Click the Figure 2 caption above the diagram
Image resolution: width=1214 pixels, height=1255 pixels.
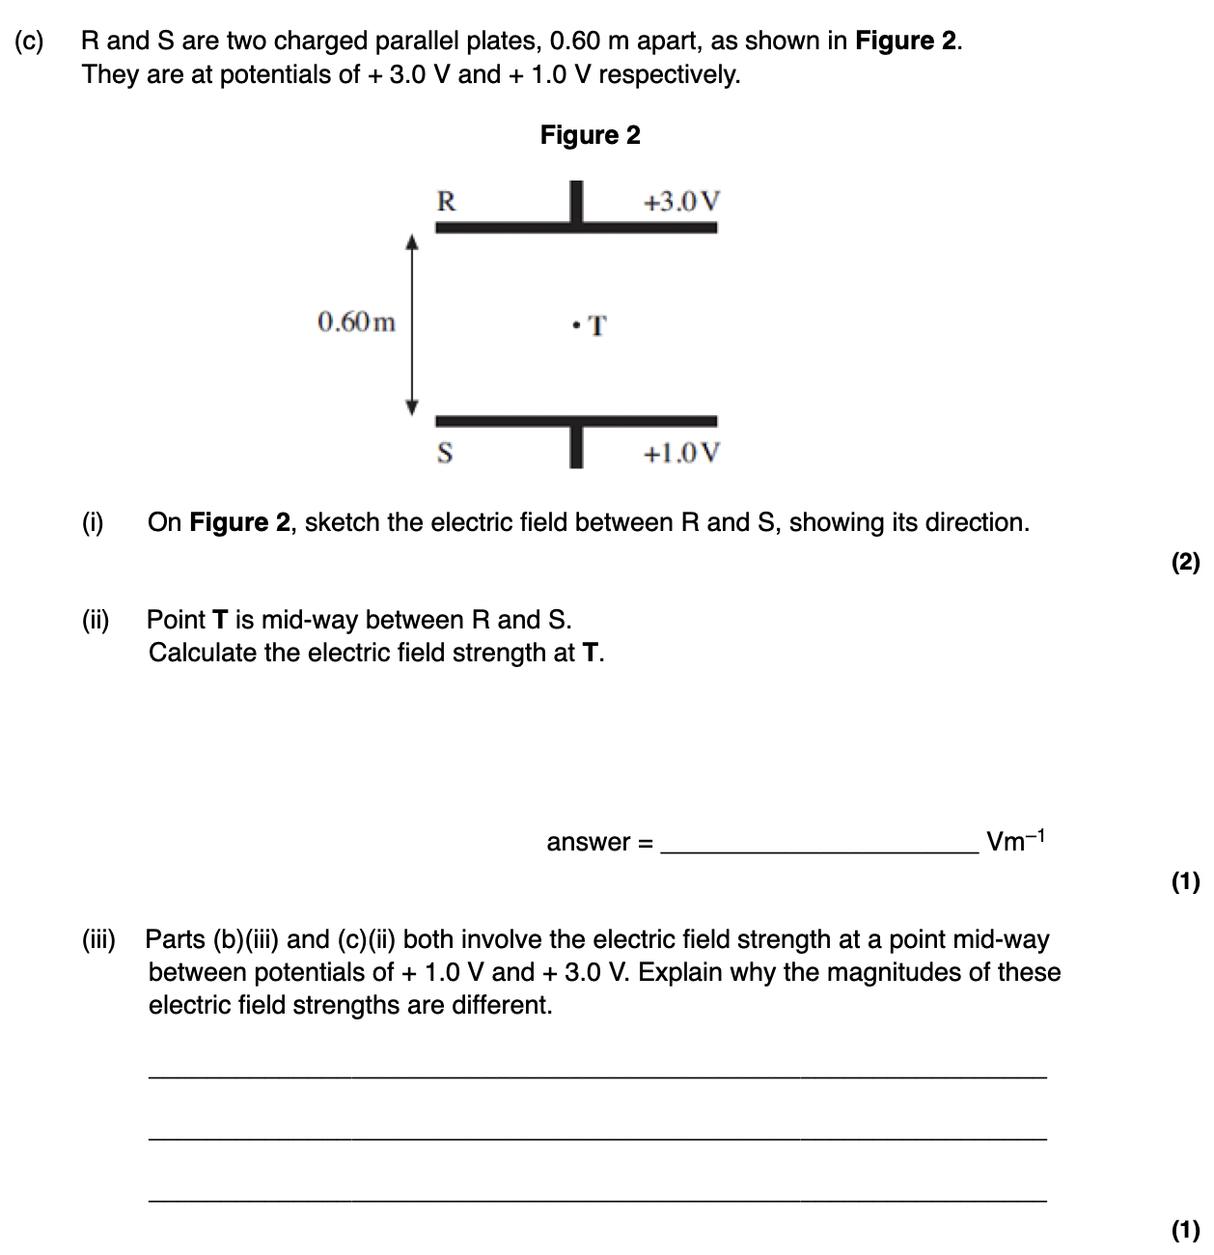point(590,135)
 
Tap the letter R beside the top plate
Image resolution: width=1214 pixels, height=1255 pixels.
point(446,201)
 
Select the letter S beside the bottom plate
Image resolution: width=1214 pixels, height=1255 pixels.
point(445,452)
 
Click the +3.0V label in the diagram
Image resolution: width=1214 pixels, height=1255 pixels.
point(681,202)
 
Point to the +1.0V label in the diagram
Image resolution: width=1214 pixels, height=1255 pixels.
point(681,453)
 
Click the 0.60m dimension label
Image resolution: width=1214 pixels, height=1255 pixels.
point(356,321)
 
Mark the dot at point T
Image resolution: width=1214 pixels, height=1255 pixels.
point(575,324)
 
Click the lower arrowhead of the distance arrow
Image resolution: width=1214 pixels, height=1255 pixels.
point(413,406)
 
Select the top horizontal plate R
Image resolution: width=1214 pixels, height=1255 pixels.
point(576,228)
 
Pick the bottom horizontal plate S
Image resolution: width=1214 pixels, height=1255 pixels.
point(576,421)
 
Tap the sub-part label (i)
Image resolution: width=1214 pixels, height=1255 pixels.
point(93,522)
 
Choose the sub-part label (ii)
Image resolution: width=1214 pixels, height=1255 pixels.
point(96,619)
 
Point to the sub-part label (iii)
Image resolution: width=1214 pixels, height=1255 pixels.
point(97,938)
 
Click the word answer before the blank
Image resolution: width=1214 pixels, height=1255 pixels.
point(588,842)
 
